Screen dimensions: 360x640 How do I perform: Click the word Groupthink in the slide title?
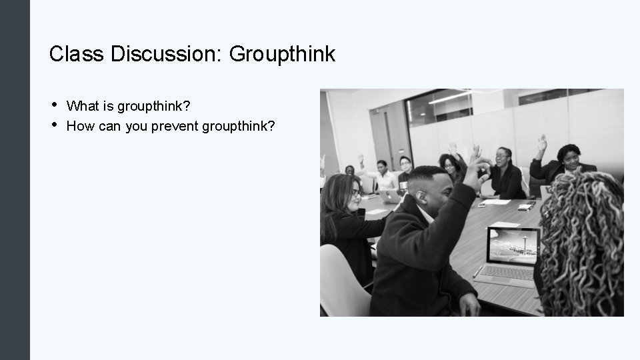click(282, 54)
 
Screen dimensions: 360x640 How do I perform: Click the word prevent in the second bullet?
click(175, 125)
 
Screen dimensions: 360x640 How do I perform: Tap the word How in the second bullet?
click(80, 125)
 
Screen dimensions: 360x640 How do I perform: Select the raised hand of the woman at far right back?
click(542, 141)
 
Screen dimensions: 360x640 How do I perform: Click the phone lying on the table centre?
click(525, 207)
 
